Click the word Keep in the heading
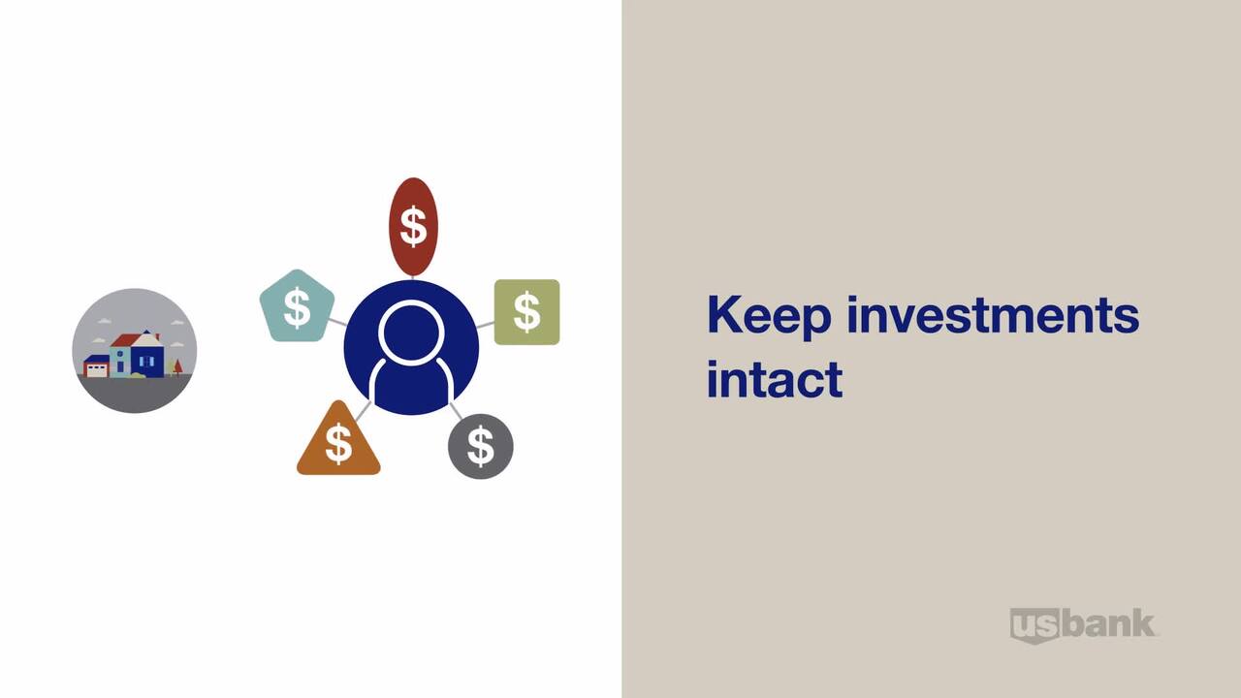769,315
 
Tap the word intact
775,379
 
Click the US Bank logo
1083,625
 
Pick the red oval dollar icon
413,227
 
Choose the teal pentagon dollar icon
297,306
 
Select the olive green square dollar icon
526,312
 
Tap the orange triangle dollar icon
338,440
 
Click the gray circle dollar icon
480,446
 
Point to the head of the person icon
411,333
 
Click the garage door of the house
97,370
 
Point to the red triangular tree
177,366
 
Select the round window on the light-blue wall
119,354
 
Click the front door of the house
120,366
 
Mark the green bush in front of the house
138,375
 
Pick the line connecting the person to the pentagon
337,322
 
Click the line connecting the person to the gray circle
456,410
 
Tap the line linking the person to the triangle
364,410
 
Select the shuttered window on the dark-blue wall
146,362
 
